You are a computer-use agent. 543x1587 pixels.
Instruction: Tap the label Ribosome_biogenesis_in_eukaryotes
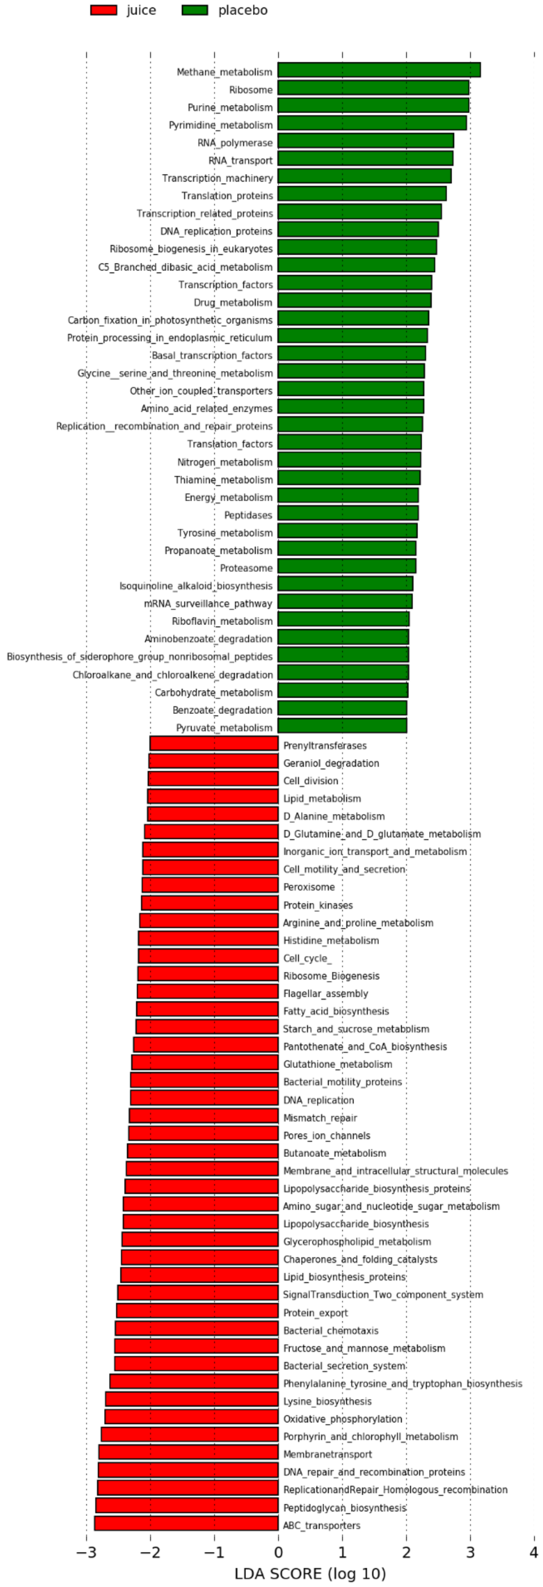pos(191,249)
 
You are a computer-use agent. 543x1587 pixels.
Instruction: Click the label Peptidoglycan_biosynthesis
pos(345,1507)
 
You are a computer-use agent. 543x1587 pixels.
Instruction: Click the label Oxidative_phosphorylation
pos(343,1419)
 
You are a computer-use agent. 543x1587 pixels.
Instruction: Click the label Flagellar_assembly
pos(325,994)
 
